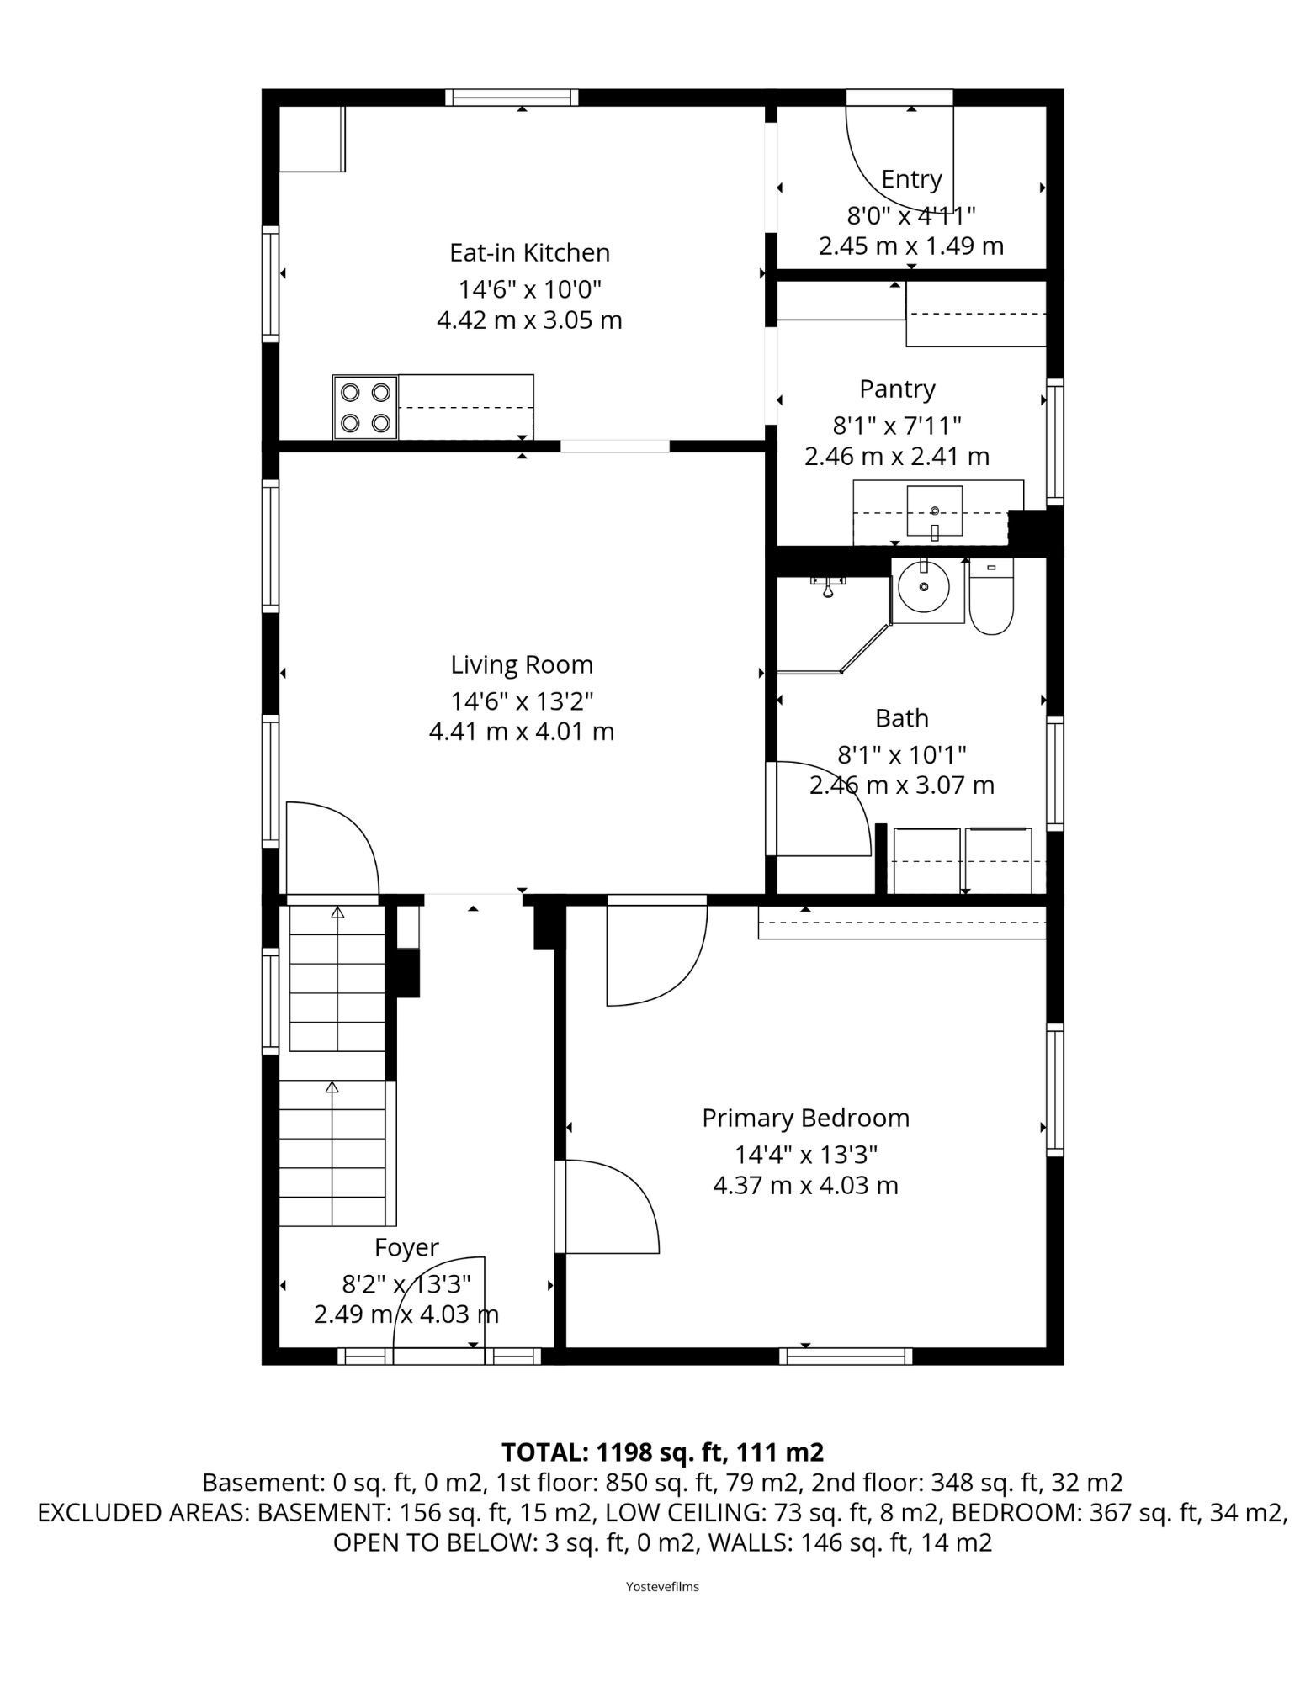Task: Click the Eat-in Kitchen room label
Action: pos(529,252)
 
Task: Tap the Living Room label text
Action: pos(522,664)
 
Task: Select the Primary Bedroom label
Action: pos(805,1118)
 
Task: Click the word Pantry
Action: pos(897,389)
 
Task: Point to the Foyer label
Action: pos(406,1247)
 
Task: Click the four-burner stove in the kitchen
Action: pos(365,407)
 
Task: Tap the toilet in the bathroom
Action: pos(992,596)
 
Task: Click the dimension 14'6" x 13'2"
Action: pos(522,700)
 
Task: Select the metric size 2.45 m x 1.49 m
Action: pos(911,246)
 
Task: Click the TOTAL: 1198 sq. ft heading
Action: pos(662,1452)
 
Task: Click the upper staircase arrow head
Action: pos(337,912)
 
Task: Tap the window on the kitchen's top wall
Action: pos(512,98)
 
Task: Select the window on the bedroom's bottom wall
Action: pos(846,1356)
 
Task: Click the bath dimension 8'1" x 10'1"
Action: pos(901,754)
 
